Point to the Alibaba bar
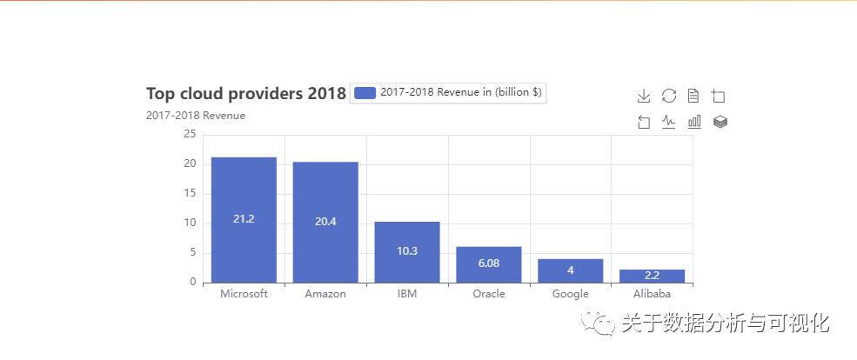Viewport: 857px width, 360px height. [653, 276]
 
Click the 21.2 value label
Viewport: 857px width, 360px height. [244, 219]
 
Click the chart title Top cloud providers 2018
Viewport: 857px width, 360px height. [246, 94]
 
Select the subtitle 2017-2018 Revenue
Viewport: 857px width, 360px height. [196, 116]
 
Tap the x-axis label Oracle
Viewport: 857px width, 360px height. [489, 294]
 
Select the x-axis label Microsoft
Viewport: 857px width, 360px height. [244, 294]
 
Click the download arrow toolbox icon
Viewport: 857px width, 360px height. [644, 96]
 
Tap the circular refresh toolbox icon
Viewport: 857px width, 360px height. [669, 96]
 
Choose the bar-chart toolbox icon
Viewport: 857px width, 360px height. [694, 122]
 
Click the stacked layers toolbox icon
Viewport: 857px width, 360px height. [720, 122]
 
